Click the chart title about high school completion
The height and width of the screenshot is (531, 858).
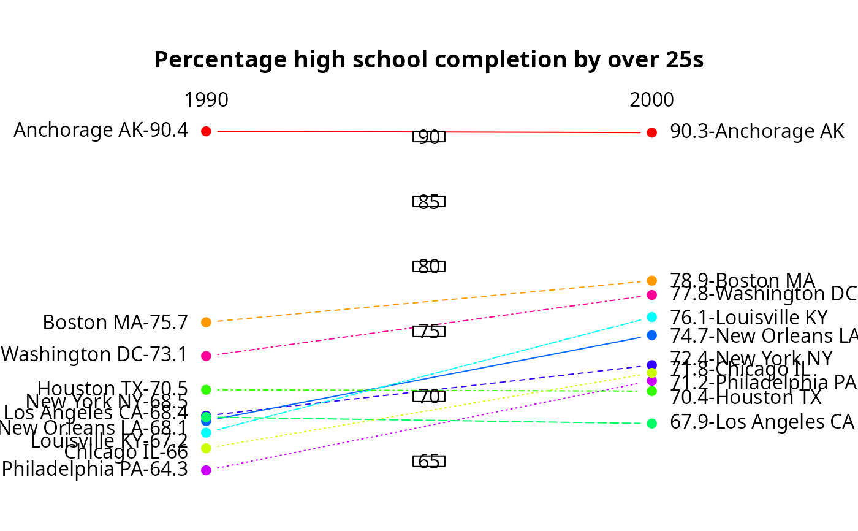[428, 60]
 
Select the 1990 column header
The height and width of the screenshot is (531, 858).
[207, 100]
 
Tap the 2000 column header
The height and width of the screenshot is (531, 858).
[651, 100]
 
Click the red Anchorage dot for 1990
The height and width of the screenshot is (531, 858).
[207, 131]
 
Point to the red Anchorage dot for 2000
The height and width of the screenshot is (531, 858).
[651, 132]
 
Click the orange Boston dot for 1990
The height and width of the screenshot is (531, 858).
[207, 322]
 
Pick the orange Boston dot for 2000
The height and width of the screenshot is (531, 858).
[651, 281]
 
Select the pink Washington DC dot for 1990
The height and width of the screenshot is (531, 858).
[207, 356]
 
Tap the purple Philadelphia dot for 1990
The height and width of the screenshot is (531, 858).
[207, 470]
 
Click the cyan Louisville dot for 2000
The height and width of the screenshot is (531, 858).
[651, 317]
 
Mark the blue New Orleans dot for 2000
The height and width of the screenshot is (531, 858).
[651, 335]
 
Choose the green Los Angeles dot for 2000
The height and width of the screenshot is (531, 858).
[651, 423]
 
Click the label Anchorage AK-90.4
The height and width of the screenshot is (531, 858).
[101, 131]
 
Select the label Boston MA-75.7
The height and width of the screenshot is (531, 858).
[115, 323]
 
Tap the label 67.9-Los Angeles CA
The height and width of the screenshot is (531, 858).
[762, 422]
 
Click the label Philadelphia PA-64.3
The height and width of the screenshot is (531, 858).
[95, 470]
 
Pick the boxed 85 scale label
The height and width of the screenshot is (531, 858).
[429, 202]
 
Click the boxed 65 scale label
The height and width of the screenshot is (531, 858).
[429, 461]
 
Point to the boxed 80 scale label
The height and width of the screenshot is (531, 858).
[429, 266]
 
